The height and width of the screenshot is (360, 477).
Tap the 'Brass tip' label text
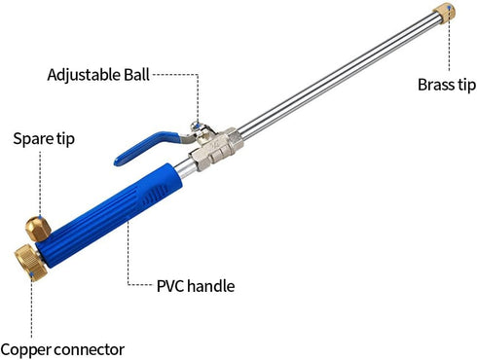click(x=447, y=85)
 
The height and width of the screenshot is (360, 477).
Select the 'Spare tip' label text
click(x=43, y=138)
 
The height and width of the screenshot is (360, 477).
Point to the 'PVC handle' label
click(x=196, y=286)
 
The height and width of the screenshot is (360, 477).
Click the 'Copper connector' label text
click(x=62, y=348)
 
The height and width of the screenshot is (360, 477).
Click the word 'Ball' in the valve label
click(x=136, y=74)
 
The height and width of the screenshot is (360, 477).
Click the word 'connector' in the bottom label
click(x=91, y=348)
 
